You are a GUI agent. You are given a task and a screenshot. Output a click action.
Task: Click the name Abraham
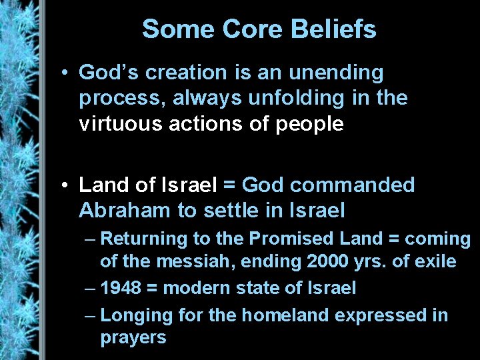click(125, 211)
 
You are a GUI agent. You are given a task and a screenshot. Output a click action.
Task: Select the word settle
click(231, 211)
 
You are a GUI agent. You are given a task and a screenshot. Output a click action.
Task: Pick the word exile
click(435, 261)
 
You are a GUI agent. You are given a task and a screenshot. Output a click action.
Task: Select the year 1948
click(121, 288)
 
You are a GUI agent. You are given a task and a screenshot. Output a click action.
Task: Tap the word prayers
click(133, 337)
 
